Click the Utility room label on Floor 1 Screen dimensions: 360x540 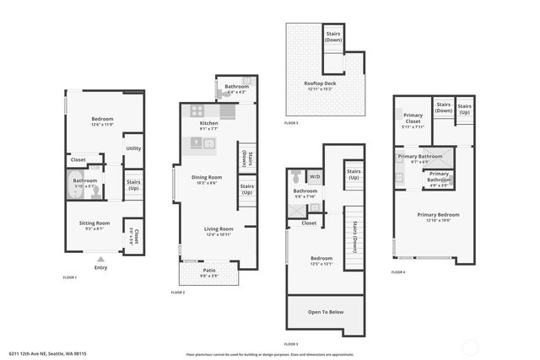pyautogui.click(x=133, y=148)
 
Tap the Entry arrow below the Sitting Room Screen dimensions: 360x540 pyautogui.click(x=101, y=260)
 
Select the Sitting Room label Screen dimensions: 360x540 pyautogui.click(x=94, y=223)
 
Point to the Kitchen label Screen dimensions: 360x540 pyautogui.click(x=209, y=123)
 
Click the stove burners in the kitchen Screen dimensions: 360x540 pyautogui.click(x=197, y=110)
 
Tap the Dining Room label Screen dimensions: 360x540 pyautogui.click(x=206, y=177)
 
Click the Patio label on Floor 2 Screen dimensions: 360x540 pyautogui.click(x=209, y=271)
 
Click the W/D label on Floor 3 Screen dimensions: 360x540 pyautogui.click(x=315, y=177)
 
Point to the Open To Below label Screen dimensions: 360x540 pyautogui.click(x=326, y=312)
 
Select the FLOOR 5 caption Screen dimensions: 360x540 pyautogui.click(x=291, y=124)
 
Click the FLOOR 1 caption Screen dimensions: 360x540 pyautogui.click(x=70, y=277)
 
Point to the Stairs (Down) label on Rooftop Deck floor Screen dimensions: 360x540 pyautogui.click(x=334, y=37)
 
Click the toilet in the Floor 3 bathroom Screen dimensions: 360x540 pyautogui.click(x=295, y=177)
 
